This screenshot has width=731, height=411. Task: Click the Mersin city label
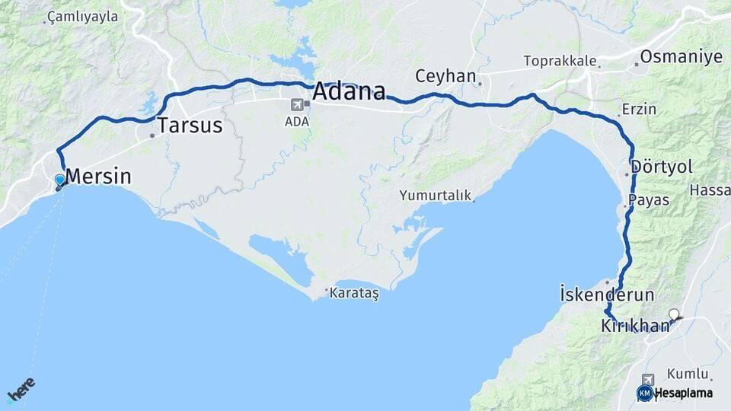click(98, 177)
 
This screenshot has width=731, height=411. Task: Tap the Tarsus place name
click(190, 126)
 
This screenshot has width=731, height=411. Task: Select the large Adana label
click(350, 92)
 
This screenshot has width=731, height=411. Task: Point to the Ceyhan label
click(445, 76)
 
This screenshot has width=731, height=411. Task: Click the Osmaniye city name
click(681, 57)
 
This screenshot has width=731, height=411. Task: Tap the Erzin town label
click(638, 109)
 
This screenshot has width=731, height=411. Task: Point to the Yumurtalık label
click(435, 196)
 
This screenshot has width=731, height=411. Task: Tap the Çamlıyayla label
click(83, 16)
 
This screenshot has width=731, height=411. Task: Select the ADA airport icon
click(296, 106)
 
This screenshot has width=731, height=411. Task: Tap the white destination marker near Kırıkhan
click(674, 314)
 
